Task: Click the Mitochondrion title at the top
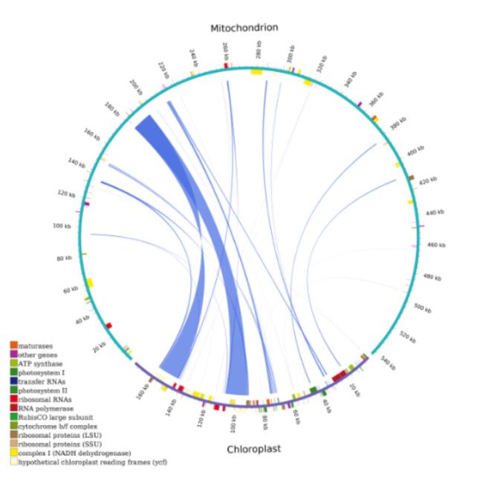coord(244,27)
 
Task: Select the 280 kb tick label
coord(259,51)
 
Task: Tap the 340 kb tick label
coord(351,78)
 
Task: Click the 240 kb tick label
coord(194,56)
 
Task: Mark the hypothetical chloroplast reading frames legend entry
coord(87,461)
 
